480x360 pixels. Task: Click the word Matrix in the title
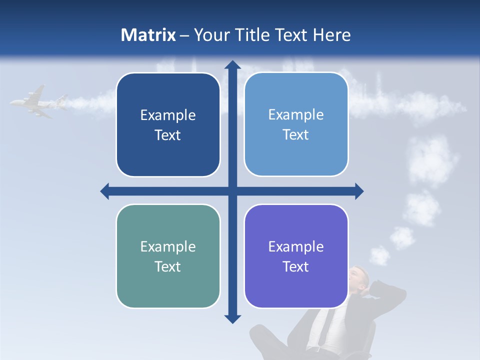[148, 35]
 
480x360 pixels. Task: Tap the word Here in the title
[331, 35]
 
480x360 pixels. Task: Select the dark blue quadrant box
[168, 125]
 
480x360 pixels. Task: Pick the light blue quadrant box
[296, 124]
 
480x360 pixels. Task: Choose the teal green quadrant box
[168, 256]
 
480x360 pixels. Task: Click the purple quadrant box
[296, 256]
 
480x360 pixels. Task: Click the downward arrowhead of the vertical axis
[232, 318]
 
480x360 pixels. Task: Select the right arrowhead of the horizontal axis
[359, 191]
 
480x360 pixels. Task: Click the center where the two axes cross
[232, 191]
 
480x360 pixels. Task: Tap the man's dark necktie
[320, 325]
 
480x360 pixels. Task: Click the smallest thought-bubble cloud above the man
[380, 255]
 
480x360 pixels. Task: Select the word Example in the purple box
[296, 246]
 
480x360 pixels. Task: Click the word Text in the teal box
[168, 266]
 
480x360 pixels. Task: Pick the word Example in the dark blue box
[168, 115]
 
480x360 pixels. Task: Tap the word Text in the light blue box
[296, 134]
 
